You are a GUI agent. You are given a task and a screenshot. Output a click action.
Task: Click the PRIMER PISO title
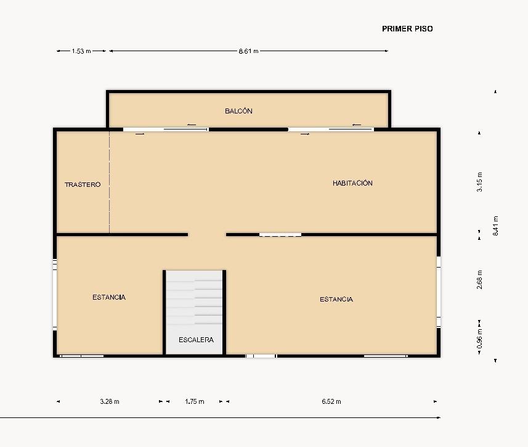tap(407, 29)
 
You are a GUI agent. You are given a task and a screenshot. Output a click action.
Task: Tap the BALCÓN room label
tap(238, 111)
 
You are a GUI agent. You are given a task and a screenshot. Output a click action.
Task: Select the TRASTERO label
tap(83, 185)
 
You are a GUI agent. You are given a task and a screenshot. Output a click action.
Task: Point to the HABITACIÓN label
tap(352, 183)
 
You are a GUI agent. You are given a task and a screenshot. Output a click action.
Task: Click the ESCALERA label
tap(196, 340)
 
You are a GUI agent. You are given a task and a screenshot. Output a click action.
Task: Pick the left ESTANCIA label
tap(109, 297)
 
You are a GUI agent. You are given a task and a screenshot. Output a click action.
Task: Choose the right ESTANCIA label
tap(336, 300)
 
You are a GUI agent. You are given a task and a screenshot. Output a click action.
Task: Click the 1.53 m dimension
tap(81, 51)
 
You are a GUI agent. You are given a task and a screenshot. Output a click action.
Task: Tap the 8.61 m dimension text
tap(248, 51)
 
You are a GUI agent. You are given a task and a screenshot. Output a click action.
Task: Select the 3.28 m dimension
tap(110, 401)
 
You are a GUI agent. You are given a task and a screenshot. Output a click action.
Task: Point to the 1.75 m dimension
tap(194, 401)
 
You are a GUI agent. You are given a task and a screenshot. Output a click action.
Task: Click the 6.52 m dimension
tap(331, 401)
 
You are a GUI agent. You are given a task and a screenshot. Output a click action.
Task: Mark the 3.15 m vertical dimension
tap(479, 182)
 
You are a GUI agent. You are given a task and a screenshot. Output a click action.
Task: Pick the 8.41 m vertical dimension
tap(495, 226)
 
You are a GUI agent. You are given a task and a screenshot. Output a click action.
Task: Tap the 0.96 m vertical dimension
tap(479, 338)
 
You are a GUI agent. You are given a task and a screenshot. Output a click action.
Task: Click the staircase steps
tap(194, 298)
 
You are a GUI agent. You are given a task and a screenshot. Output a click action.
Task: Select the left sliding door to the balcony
tap(166, 129)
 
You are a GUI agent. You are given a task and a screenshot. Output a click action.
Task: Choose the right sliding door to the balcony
tap(331, 129)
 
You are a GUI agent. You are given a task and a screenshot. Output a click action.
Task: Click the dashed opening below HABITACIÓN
tap(280, 235)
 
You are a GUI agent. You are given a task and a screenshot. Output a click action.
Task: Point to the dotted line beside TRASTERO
tap(110, 182)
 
